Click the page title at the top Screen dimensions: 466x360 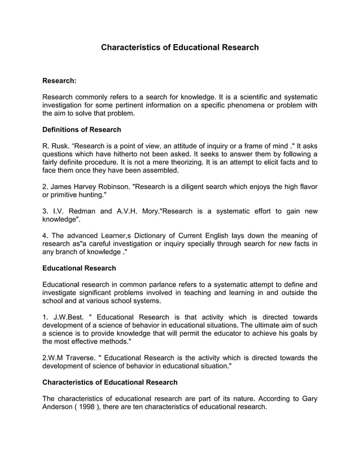click(x=179, y=47)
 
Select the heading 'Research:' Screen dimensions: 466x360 click(x=59, y=81)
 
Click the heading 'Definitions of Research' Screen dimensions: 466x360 click(x=82, y=130)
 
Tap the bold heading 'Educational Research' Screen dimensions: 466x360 click(x=80, y=268)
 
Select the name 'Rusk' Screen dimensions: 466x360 click(x=62, y=146)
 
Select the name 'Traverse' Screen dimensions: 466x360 click(x=80, y=358)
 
